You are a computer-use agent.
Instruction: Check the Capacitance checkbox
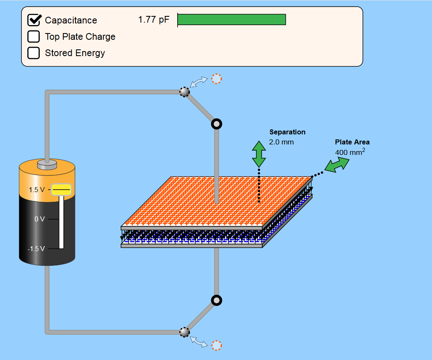tap(34, 20)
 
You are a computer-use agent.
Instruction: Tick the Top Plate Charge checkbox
tap(34, 36)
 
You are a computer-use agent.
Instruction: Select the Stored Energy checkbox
tap(34, 53)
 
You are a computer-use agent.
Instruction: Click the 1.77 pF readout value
tap(154, 20)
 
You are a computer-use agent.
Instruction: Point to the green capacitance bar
tap(231, 20)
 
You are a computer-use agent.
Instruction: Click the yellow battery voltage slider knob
tap(61, 190)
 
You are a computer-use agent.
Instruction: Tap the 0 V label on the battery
tap(39, 219)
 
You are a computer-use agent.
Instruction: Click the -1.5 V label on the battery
tap(36, 249)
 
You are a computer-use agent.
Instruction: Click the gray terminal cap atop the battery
tap(47, 164)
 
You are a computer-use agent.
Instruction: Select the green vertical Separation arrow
tap(259, 155)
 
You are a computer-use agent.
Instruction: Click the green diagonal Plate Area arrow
tap(337, 165)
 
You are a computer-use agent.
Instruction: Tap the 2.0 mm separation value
tap(281, 142)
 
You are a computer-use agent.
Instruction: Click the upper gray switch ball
tap(184, 92)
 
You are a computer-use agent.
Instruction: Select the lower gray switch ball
tap(184, 332)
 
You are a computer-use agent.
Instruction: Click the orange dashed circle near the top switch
tap(216, 79)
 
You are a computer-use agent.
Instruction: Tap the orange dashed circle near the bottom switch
tap(216, 345)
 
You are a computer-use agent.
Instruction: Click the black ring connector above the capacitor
tap(217, 124)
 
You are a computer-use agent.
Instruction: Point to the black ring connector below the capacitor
tap(217, 301)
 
